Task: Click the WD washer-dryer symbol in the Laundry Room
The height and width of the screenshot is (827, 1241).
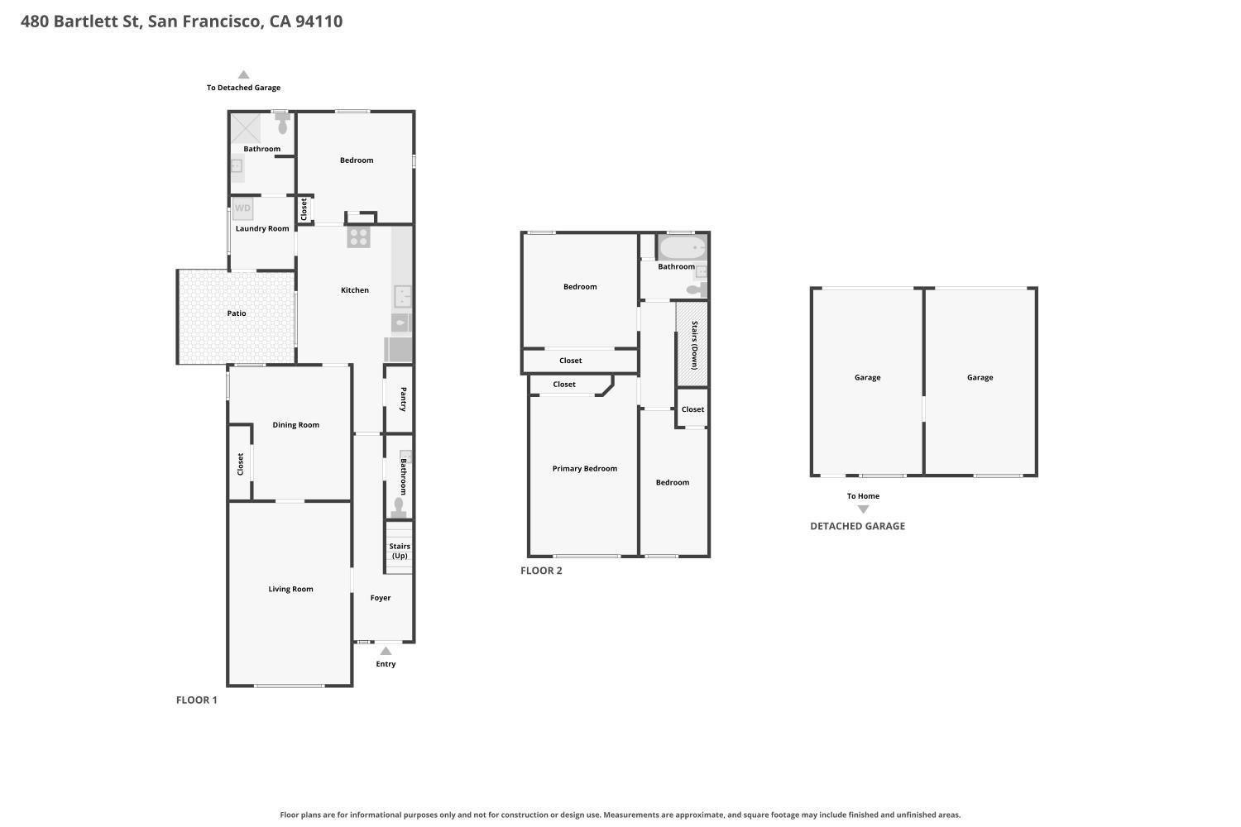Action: click(x=242, y=208)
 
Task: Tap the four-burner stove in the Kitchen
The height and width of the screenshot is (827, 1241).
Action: click(x=358, y=237)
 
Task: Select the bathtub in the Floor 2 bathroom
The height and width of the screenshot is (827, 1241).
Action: click(x=683, y=247)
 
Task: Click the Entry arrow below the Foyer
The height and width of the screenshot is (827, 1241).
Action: click(x=386, y=651)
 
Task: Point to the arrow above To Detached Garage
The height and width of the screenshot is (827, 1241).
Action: click(x=243, y=74)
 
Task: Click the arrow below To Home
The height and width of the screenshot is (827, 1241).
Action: click(x=863, y=509)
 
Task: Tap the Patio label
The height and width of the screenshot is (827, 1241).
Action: click(x=237, y=313)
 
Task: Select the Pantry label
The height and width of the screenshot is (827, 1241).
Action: click(x=404, y=399)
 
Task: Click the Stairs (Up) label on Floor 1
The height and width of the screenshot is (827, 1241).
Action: click(x=400, y=551)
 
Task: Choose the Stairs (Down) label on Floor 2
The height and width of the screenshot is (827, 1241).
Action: click(x=695, y=345)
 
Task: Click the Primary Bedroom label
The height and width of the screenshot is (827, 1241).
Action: click(x=584, y=469)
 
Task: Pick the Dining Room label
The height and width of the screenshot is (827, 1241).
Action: click(x=296, y=425)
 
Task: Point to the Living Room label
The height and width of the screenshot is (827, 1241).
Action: click(x=291, y=589)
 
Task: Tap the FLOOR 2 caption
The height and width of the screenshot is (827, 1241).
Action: click(x=541, y=571)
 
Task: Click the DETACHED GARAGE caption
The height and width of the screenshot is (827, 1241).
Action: click(x=858, y=526)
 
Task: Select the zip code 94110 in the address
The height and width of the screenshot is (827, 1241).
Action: click(x=319, y=21)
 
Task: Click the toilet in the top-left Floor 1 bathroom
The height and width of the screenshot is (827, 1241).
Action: click(x=283, y=124)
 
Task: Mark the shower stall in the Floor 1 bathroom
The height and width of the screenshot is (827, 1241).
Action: click(x=246, y=128)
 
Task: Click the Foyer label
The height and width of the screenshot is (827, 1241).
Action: click(x=381, y=598)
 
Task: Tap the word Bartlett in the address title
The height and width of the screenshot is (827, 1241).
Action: click(x=96, y=21)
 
